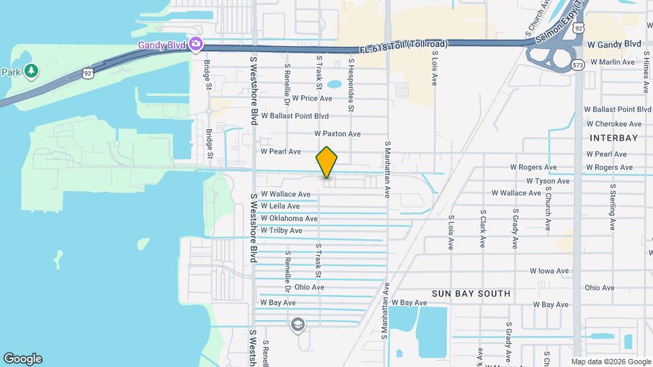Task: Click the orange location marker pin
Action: click(x=326, y=162)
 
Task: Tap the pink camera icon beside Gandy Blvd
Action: click(x=196, y=44)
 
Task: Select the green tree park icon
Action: click(x=31, y=71)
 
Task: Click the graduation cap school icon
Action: click(x=297, y=325)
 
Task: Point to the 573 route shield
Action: click(x=578, y=65)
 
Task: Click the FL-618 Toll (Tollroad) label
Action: click(x=404, y=45)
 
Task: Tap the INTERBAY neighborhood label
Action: click(x=614, y=138)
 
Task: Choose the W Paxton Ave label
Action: click(x=337, y=134)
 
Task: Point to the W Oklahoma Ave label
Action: click(x=289, y=218)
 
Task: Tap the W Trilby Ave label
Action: click(x=281, y=230)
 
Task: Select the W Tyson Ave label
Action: click(x=548, y=181)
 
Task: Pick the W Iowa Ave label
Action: click(x=550, y=270)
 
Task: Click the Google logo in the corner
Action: click(x=22, y=359)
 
